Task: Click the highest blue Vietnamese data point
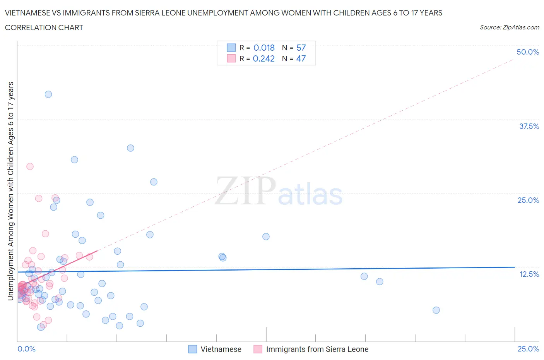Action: (x=48, y=94)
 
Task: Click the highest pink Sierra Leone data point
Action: (x=30, y=166)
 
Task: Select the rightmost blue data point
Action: (x=436, y=310)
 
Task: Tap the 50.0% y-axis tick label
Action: (x=528, y=52)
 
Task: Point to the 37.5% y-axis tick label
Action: (x=529, y=126)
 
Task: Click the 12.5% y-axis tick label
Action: (x=529, y=274)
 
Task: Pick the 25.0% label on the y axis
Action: (x=528, y=200)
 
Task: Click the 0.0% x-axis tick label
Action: (x=26, y=349)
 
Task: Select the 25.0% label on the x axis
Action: (x=528, y=349)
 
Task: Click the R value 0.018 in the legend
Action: (x=264, y=48)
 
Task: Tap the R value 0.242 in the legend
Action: (x=263, y=58)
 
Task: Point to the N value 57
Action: (x=301, y=48)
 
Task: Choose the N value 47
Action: (x=301, y=58)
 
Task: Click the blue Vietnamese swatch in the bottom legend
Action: (x=193, y=349)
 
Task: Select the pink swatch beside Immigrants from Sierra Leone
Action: (x=258, y=349)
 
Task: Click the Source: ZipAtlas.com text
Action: (x=509, y=27)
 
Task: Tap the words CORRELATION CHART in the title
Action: (x=44, y=27)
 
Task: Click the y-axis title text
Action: (x=10, y=191)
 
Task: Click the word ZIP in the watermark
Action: (x=245, y=190)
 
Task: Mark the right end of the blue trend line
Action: (x=515, y=267)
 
